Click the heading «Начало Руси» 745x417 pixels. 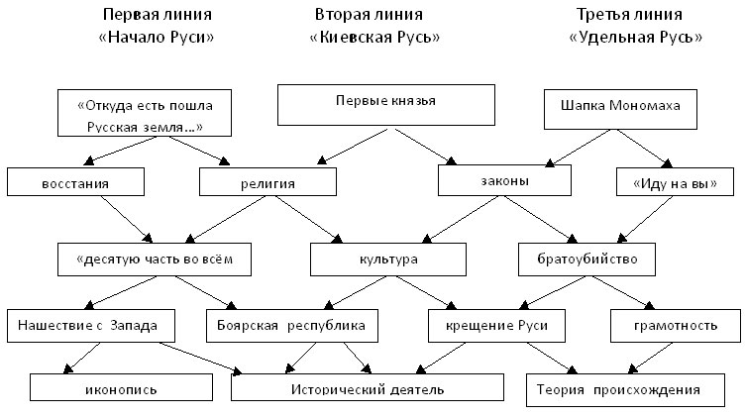point(158,38)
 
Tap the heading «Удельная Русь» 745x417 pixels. point(635,38)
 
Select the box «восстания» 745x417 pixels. point(75,183)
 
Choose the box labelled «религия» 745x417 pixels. point(262,183)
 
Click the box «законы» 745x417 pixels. point(504,181)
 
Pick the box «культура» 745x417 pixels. point(387,260)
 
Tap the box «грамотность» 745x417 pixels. point(675,325)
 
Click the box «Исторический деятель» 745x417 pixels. point(368,389)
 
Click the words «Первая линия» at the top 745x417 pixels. point(158,15)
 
